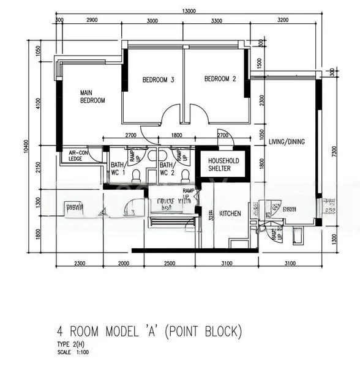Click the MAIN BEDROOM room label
pyautogui.click(x=92, y=97)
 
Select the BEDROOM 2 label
pyautogui.click(x=220, y=79)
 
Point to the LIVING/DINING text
pyautogui.click(x=287, y=142)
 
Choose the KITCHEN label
pyautogui.click(x=230, y=213)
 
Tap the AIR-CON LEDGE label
pyautogui.click(x=79, y=156)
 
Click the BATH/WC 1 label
pyautogui.click(x=118, y=169)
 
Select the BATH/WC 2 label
pyautogui.click(x=167, y=169)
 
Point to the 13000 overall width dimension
pyautogui.click(x=189, y=11)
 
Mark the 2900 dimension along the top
pyautogui.click(x=92, y=21)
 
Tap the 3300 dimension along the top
pyautogui.click(x=216, y=21)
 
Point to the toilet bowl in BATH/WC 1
pyautogui.click(x=135, y=175)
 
